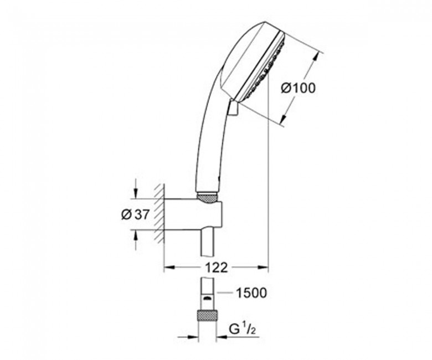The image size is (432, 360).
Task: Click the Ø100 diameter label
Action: (x=297, y=89)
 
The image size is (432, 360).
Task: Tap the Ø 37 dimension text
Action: (x=135, y=214)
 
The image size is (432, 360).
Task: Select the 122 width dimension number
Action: (x=217, y=267)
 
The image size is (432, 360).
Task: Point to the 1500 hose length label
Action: (x=252, y=293)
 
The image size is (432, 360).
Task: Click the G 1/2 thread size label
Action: (x=243, y=330)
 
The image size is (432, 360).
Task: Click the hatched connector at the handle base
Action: (x=208, y=199)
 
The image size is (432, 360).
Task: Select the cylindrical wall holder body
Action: (x=193, y=214)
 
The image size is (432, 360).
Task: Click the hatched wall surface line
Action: (x=160, y=214)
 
